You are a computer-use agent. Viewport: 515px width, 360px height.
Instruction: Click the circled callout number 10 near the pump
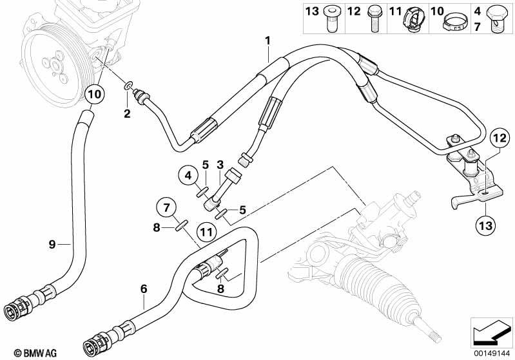(x=94, y=95)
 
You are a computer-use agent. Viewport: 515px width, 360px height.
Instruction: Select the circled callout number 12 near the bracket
(x=500, y=138)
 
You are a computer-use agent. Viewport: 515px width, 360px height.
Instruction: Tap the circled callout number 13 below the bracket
(x=486, y=225)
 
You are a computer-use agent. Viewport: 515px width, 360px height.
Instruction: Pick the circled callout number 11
(x=207, y=232)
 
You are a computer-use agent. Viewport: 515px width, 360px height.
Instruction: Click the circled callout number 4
(x=188, y=176)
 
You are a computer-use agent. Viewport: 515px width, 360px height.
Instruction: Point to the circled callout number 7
(x=166, y=207)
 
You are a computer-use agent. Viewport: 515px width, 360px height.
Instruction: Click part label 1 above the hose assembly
(x=267, y=41)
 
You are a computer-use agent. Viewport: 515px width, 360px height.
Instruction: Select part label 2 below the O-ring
(x=127, y=113)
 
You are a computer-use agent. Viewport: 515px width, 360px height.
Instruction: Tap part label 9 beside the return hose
(x=52, y=244)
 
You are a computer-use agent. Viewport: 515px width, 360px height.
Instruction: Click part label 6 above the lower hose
(x=144, y=289)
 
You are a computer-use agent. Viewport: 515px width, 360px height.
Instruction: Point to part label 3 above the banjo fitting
(x=220, y=164)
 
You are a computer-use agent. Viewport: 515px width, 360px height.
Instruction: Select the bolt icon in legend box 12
(x=373, y=19)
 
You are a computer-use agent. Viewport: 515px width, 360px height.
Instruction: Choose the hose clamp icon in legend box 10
(x=455, y=21)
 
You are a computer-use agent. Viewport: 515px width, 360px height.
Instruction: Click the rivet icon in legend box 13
(x=331, y=19)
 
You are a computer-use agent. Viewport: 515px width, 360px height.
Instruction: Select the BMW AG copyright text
(x=35, y=354)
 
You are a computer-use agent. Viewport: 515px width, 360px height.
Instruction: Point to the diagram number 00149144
(x=492, y=354)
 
